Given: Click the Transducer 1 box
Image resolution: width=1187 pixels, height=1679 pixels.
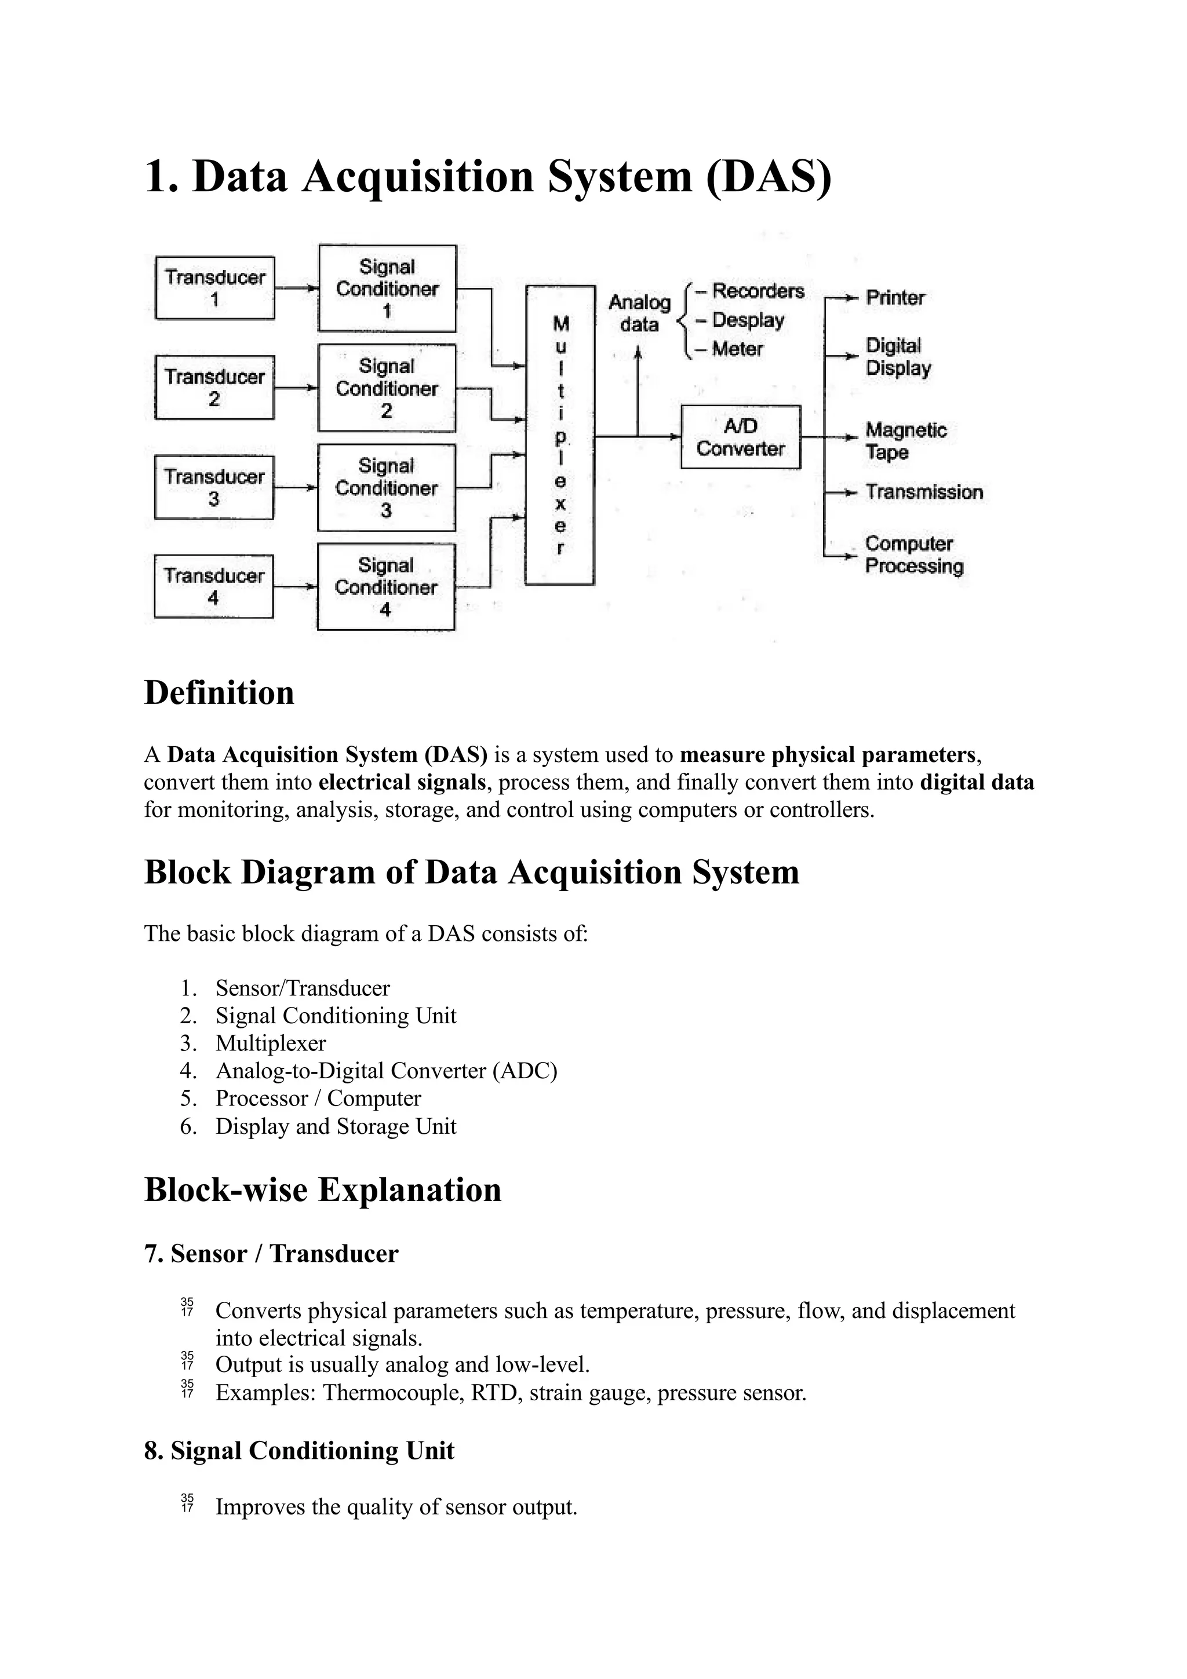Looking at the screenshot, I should pos(215,288).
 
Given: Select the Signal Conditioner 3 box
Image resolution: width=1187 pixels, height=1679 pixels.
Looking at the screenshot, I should pos(386,488).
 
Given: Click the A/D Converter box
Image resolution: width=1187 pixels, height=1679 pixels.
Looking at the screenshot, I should pos(740,437).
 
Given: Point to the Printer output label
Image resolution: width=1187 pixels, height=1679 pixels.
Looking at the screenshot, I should pos(895,298).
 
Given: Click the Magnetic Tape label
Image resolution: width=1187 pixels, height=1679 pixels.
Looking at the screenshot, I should pos(905,441).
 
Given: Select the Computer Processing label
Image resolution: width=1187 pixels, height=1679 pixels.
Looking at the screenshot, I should pos(913,555).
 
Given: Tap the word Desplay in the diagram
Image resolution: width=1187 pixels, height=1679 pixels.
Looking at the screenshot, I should pos(748,320).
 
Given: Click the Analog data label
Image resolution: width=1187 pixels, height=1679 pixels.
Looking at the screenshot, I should pos(639,313).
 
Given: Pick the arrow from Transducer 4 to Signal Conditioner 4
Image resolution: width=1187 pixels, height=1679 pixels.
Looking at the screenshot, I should pos(296,586).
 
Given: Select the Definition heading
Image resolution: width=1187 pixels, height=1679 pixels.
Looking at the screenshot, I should pos(219,692).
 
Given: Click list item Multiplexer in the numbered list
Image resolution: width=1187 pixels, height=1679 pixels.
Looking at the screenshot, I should pos(271,1043).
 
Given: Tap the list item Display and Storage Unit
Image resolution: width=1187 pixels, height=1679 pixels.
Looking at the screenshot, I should pos(335,1126).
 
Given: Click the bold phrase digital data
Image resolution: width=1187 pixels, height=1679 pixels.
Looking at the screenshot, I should pos(977,783).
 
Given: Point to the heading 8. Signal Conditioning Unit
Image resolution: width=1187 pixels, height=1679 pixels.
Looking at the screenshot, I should pos(299,1451).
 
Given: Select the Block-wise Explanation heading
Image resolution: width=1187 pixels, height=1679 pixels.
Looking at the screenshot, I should pos(322,1190).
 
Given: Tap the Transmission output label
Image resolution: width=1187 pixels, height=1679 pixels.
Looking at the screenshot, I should pos(924,492).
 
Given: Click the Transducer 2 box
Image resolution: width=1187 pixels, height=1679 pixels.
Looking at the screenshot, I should pos(214,388).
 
